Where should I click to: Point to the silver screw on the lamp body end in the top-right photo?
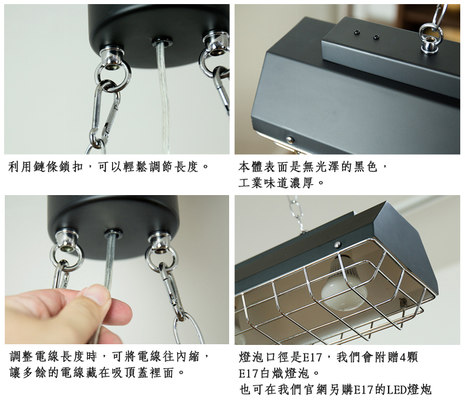290,139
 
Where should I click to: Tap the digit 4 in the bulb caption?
403,358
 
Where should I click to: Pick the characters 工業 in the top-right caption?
251,183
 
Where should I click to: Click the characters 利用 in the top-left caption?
20,167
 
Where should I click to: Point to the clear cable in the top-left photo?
164,98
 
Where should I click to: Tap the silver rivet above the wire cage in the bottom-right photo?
337,244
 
